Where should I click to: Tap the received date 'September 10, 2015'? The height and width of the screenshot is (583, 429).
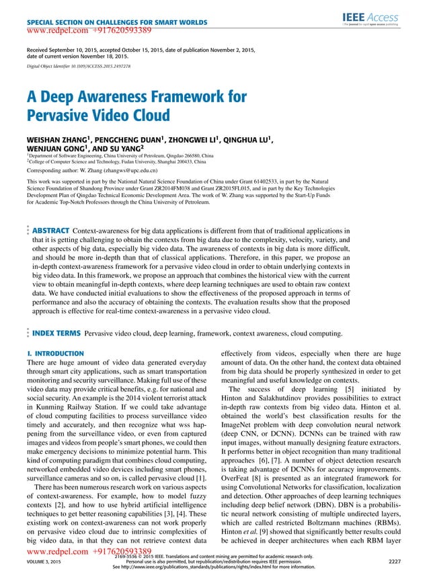[81, 51]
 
